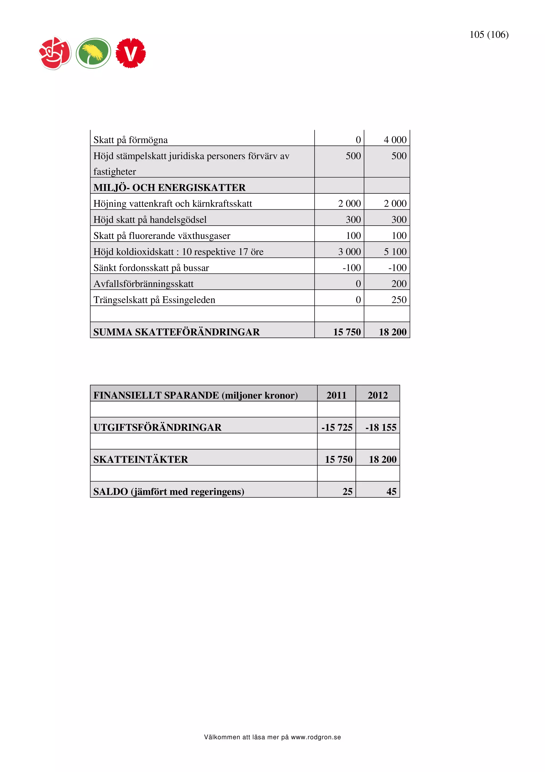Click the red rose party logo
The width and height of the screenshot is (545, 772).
[x=55, y=53]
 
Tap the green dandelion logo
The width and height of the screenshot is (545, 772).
[x=93, y=53]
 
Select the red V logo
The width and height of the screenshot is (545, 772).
[x=131, y=53]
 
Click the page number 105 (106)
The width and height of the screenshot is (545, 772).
[x=489, y=35]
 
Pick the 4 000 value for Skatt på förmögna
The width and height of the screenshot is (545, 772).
[x=395, y=140]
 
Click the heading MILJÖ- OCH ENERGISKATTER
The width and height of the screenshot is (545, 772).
[x=169, y=188]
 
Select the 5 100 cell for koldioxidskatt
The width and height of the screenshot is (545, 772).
[x=395, y=252]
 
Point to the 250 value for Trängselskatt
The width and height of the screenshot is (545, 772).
[x=399, y=300]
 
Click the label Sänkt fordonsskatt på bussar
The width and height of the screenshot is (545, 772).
[x=151, y=268]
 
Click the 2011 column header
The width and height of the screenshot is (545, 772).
[x=336, y=395]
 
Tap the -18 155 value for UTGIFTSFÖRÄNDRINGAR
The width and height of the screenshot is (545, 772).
[x=381, y=428]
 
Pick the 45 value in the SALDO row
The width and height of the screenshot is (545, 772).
[x=391, y=492]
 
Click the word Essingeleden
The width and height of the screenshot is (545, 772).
[x=188, y=300]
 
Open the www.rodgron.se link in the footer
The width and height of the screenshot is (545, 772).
[x=316, y=737]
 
